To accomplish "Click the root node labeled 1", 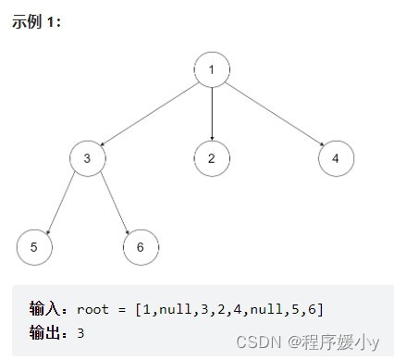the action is click(x=212, y=68).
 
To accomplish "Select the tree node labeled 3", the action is click(x=87, y=158).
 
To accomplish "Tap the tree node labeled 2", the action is click(x=212, y=158).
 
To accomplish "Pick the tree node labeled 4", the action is click(x=336, y=158).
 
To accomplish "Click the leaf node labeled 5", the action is click(x=33, y=247).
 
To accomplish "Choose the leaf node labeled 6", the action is click(x=141, y=247).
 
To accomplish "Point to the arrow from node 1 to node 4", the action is click(x=274, y=113).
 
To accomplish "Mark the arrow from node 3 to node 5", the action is click(x=60, y=203).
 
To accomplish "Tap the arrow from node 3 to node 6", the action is click(x=113, y=203).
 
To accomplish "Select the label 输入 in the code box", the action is click(x=47, y=308).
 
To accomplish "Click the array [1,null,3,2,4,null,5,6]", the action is click(x=228, y=308).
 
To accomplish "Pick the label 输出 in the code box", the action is click(x=47, y=330).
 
